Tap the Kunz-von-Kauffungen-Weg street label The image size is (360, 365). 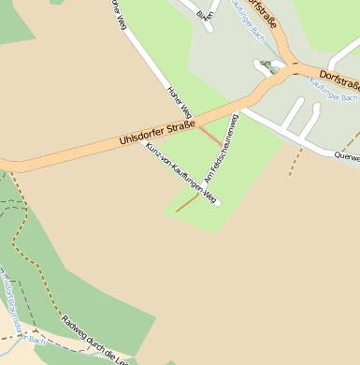(x=181, y=174)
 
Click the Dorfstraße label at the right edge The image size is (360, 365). (x=338, y=80)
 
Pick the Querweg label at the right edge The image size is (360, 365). (x=347, y=158)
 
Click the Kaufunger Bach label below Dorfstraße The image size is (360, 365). (x=334, y=97)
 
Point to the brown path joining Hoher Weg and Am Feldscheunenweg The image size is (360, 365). (x=211, y=137)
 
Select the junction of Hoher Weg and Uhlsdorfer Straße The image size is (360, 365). (x=194, y=120)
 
